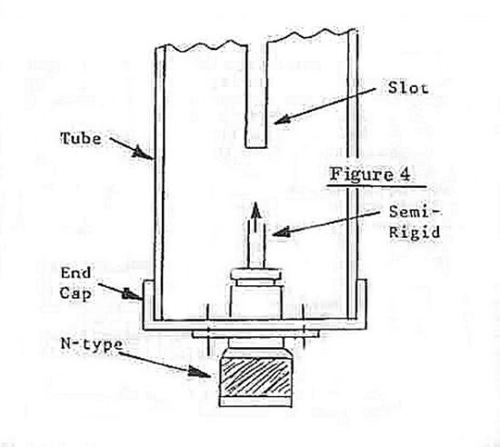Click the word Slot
click(408, 88)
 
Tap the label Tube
click(81, 139)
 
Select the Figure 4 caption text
click(370, 174)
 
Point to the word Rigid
click(415, 232)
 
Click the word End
click(75, 273)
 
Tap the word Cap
click(75, 293)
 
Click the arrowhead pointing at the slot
click(281, 120)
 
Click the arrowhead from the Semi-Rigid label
click(281, 233)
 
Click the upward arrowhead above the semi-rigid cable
click(255, 210)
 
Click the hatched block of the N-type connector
click(255, 377)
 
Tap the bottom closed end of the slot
click(255, 147)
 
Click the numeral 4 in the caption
click(405, 174)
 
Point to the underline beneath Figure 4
click(376, 185)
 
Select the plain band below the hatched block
click(255, 402)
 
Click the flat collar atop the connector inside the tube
click(256, 274)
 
